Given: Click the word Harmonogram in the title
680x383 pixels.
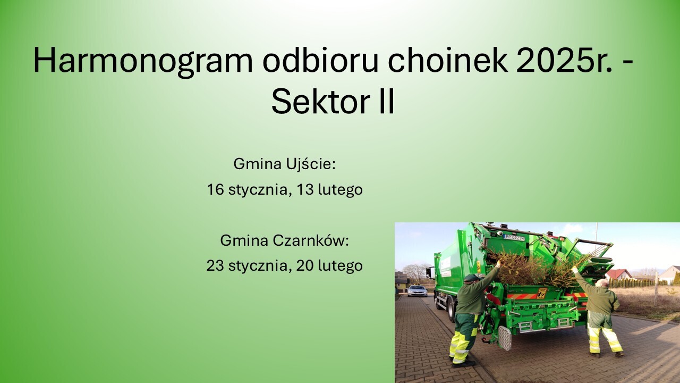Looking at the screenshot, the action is (143, 61).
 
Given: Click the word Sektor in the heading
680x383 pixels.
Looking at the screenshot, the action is (320, 101).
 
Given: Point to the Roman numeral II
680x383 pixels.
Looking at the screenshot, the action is (387, 101).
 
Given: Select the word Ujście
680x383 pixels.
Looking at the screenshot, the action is (310, 164).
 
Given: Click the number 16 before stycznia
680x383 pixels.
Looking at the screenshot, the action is (216, 189).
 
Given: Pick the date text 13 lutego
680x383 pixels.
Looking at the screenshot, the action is (329, 190).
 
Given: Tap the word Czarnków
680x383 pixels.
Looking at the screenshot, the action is (311, 240).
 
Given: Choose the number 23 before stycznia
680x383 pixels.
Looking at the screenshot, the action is (215, 265).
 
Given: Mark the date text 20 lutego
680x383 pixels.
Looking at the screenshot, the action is (329, 266).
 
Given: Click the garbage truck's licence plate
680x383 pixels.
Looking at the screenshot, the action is (514, 238).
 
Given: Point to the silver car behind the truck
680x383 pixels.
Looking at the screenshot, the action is (417, 290).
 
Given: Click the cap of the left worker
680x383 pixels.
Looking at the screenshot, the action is (471, 278).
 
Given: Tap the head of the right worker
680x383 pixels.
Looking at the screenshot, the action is (602, 282).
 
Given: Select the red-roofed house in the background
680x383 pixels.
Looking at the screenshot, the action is (619, 274).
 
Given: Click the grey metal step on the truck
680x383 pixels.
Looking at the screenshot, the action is (505, 338).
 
